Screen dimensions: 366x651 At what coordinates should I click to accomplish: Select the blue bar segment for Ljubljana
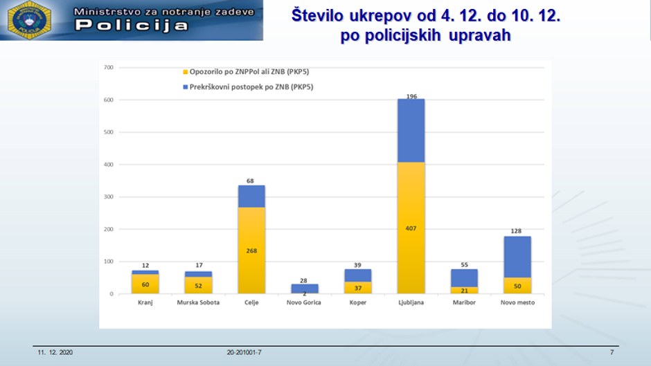tap(411, 131)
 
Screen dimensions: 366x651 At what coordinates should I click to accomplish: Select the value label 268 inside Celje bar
tap(251, 251)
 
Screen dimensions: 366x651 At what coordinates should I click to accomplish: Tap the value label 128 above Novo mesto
tap(517, 231)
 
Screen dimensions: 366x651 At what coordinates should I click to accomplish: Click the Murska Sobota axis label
tap(198, 303)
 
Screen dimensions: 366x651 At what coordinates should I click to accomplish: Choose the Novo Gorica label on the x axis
tap(304, 303)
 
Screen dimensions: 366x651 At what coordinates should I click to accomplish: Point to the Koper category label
tap(357, 303)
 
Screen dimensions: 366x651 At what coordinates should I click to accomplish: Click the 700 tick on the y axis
tap(108, 67)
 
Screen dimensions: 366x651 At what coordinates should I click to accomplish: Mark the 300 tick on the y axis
tap(108, 196)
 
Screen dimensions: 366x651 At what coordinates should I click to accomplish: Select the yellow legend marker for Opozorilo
tap(184, 71)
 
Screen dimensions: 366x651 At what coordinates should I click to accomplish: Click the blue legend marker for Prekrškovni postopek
tap(184, 87)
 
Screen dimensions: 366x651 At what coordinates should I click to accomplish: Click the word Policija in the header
tap(131, 26)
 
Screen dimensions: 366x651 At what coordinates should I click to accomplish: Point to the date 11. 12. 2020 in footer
tap(55, 353)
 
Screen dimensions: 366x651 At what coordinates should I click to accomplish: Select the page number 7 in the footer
tap(612, 353)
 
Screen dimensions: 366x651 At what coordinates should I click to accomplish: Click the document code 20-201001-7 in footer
tap(244, 353)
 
